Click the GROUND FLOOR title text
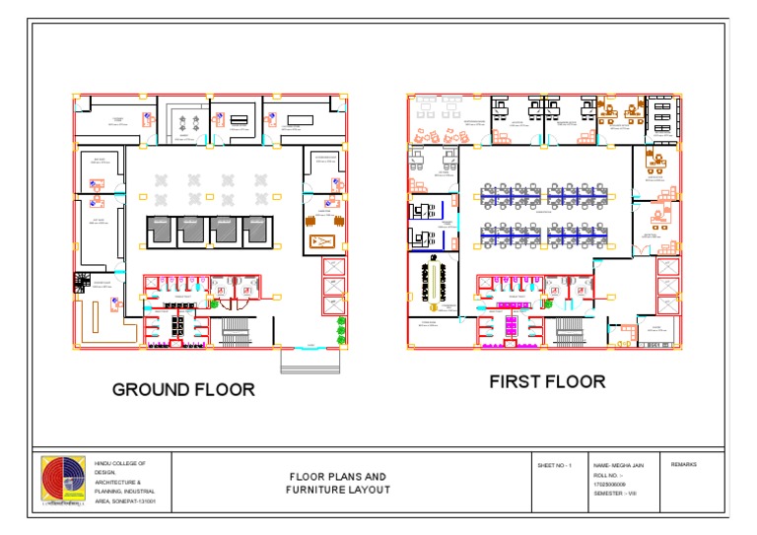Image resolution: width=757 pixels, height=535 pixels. (183, 389)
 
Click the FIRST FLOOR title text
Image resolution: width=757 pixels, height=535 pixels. (547, 381)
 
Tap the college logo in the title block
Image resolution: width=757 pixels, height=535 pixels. (62, 482)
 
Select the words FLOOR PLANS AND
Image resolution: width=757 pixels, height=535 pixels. (336, 477)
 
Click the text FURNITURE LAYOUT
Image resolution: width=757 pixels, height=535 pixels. (336, 490)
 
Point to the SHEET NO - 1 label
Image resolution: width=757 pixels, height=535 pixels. (555, 464)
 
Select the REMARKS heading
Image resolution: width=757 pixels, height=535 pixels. (684, 464)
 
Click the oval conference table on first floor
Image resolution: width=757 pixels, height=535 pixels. (429, 285)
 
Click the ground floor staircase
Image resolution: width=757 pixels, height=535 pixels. (235, 332)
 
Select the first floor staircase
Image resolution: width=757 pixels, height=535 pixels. (569, 331)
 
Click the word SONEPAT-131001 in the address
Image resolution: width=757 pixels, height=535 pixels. (128, 502)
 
